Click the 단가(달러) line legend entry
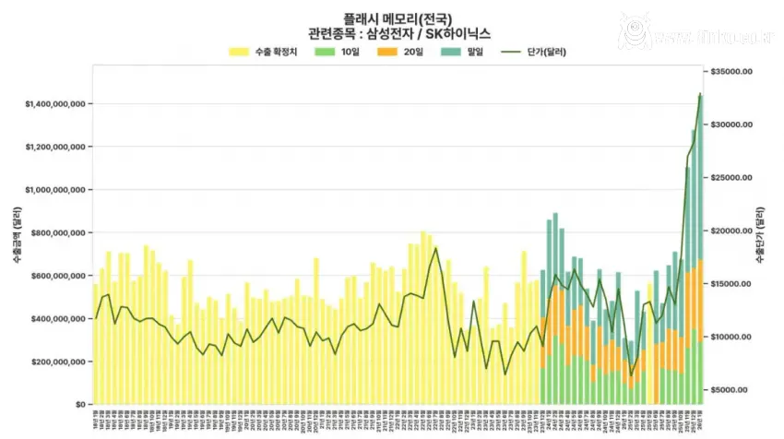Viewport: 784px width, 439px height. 531,52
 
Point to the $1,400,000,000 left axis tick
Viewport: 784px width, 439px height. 56,104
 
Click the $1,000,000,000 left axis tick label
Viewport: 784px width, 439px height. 56,190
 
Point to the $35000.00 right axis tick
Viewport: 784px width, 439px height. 734,71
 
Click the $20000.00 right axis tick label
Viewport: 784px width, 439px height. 734,231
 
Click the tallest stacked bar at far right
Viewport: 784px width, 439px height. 700,249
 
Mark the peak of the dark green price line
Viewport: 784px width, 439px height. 700,94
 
